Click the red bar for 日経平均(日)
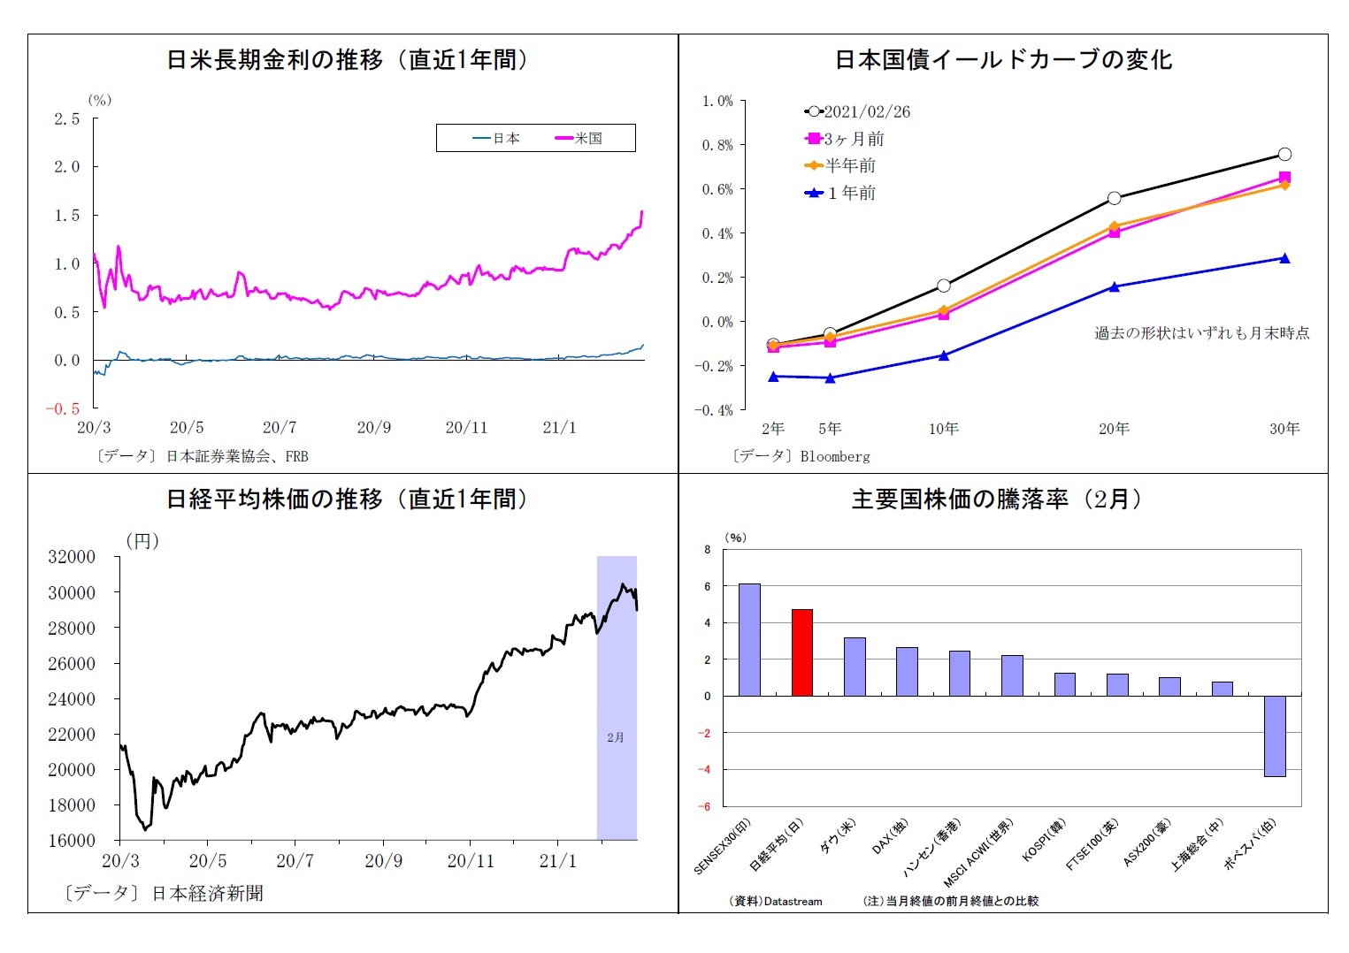pyautogui.click(x=801, y=652)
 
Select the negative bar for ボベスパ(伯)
pyautogui.click(x=1274, y=736)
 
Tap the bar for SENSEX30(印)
pyautogui.click(x=749, y=639)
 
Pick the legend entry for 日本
pyautogui.click(x=497, y=139)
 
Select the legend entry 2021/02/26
pyautogui.click(x=857, y=112)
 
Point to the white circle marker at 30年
pyautogui.click(x=1284, y=154)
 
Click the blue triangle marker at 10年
pyautogui.click(x=943, y=355)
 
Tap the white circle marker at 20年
pyautogui.click(x=1114, y=198)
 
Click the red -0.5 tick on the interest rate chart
pyautogui.click(x=63, y=408)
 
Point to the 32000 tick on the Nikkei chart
pyautogui.click(x=72, y=557)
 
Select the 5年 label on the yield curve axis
pyautogui.click(x=830, y=429)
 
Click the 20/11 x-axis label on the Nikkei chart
pyautogui.click(x=470, y=860)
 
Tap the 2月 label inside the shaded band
pyautogui.click(x=616, y=736)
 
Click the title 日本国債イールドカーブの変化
pyautogui.click(x=1003, y=60)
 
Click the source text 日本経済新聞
pyautogui.click(x=208, y=893)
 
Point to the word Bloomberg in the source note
pyautogui.click(x=835, y=457)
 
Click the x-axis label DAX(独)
pyautogui.click(x=891, y=836)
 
